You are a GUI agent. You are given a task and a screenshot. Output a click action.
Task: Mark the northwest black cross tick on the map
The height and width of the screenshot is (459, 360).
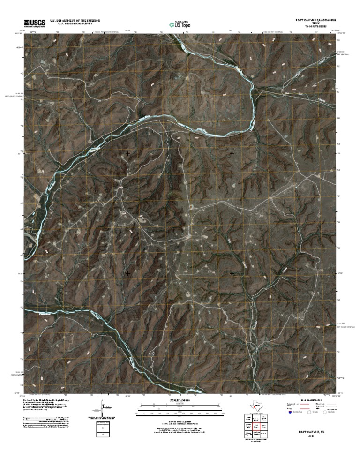point(128,153)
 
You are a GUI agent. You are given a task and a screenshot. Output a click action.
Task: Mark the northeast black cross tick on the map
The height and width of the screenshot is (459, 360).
point(232,153)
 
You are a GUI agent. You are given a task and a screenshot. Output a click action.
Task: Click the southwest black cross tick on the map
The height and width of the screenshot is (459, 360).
point(128,273)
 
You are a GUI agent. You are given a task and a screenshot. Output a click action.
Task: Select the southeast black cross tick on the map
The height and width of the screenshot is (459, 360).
point(232,273)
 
